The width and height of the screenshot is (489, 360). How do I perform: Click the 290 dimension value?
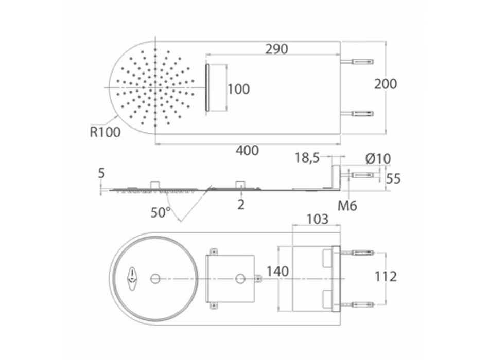[x=276, y=49]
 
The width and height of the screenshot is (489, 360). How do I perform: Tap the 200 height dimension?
[x=386, y=84]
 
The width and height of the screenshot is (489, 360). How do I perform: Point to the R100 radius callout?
[x=105, y=132]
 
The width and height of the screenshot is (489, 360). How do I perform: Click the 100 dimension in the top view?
[x=238, y=89]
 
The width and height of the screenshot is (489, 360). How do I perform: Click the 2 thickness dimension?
[x=241, y=205]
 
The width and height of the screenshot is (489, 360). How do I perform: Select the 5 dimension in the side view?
[x=101, y=173]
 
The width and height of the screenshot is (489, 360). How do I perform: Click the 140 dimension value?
[x=277, y=271]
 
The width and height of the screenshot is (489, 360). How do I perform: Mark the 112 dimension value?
[x=386, y=277]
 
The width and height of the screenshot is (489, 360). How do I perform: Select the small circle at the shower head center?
[x=155, y=278]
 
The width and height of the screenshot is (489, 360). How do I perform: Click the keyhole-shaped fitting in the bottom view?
[x=133, y=277]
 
